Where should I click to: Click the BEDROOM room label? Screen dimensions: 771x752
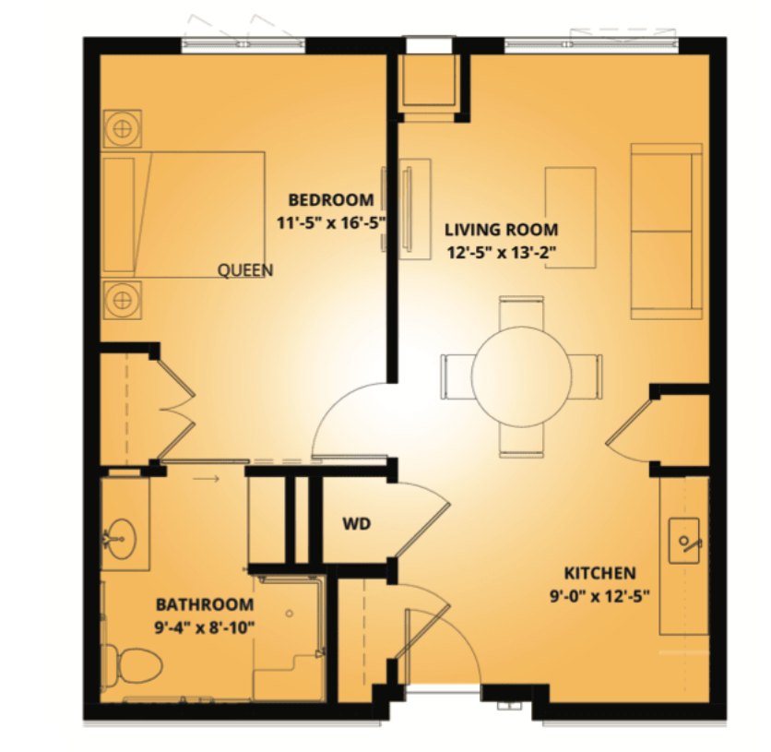coord(330,199)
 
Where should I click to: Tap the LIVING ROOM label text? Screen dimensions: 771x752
coord(501,230)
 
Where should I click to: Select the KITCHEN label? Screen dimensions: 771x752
coord(599,573)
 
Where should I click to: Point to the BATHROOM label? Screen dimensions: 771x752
coord(205,604)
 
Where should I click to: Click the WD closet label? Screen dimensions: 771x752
coord(357,524)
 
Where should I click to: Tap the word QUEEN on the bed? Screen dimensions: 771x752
coord(245,270)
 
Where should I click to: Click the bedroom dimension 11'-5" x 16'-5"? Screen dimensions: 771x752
coord(330,222)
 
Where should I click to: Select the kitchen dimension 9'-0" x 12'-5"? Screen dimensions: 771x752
coord(599,596)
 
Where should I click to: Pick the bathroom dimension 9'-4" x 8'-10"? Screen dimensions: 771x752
coord(205,627)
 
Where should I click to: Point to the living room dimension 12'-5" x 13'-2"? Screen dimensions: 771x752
coord(501,252)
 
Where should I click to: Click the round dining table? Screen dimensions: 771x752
coord(521,376)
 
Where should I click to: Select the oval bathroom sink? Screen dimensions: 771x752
coord(122,540)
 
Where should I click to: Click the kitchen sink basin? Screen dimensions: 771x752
coord(684,541)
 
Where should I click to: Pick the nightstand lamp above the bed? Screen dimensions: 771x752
coord(122,129)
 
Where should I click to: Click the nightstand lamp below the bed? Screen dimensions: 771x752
coord(122,299)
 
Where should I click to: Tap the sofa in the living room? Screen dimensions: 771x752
coord(666,232)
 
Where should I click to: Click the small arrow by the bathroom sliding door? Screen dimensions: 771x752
coord(206,478)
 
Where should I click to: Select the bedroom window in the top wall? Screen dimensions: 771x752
coord(243,45)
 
